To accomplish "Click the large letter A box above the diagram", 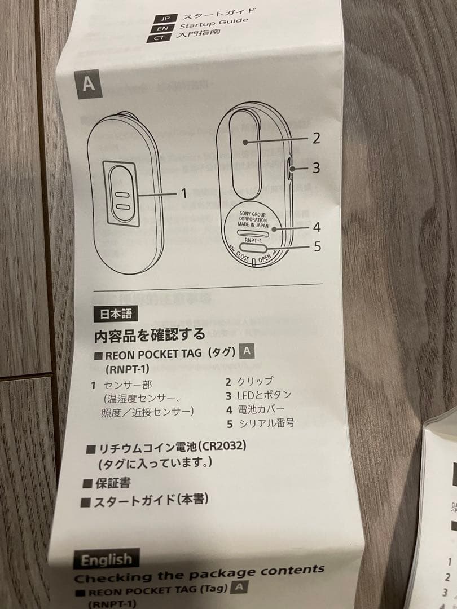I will pos(88,84).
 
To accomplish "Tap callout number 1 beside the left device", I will pos(183,193).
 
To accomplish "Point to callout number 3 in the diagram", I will pos(316,167).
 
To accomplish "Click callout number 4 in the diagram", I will pos(316,227).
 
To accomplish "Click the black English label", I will pos(106,560).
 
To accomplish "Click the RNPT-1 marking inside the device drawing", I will pos(253,240).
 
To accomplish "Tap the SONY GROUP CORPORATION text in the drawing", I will pos(253,218).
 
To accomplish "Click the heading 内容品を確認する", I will pos(150,335).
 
